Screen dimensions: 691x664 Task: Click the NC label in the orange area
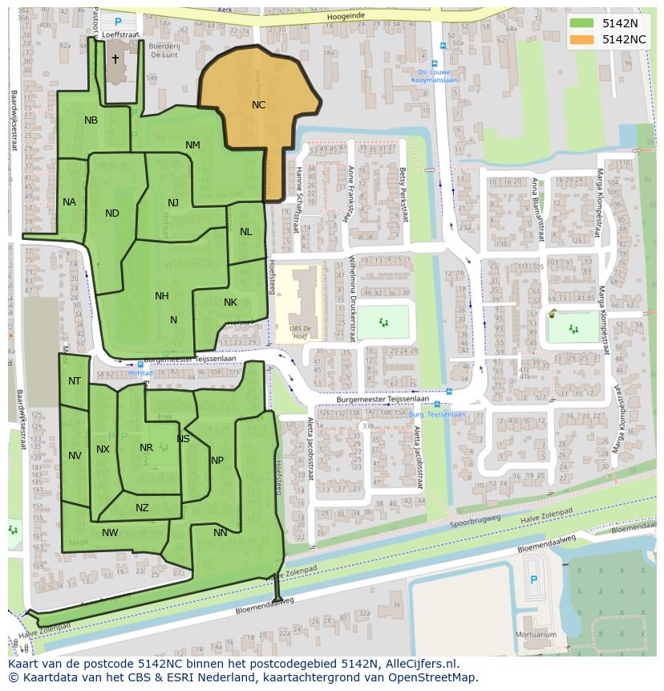(x=258, y=105)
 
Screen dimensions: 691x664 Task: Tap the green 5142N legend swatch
(x=583, y=23)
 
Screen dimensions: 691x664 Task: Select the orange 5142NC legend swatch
(x=583, y=39)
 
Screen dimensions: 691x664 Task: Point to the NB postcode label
(x=91, y=120)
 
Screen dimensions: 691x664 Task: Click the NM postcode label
(x=192, y=145)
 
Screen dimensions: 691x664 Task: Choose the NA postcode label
(x=69, y=202)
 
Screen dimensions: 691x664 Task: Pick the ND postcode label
(x=112, y=213)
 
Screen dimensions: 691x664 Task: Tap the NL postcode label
(x=245, y=232)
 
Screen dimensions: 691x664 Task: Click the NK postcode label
(x=230, y=303)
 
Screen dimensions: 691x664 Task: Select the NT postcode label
(x=75, y=381)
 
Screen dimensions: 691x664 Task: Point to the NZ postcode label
(x=142, y=508)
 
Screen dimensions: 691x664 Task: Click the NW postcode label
(x=110, y=533)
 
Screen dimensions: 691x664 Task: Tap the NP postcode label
(x=217, y=461)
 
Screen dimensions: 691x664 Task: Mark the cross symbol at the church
(x=115, y=59)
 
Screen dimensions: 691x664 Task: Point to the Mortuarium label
(x=536, y=634)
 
